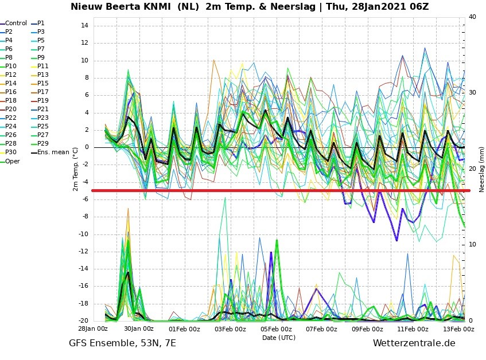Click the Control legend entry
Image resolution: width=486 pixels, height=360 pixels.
coord(14,23)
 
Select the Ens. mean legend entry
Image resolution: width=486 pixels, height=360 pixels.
coord(50,152)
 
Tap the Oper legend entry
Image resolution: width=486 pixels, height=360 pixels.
coord(10,161)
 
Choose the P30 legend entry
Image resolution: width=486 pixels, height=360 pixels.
coord(9,152)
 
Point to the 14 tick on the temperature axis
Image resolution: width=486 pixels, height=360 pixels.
coord(84,25)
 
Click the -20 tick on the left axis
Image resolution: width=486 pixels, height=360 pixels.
coord(83,320)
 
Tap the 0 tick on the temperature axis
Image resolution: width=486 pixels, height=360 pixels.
coord(87,147)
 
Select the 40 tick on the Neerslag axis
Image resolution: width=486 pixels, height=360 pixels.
coord(472,17)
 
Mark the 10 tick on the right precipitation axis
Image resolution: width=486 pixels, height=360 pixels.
coord(472,245)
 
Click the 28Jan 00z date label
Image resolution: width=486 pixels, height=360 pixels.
coord(93,328)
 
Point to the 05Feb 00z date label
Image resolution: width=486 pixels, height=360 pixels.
coord(276,328)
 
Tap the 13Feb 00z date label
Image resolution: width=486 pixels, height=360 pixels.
coord(458,328)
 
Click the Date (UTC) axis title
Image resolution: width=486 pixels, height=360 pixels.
coord(279,338)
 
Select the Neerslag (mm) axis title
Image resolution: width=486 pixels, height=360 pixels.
coord(481,170)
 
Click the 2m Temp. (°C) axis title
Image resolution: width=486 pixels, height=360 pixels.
coord(75,169)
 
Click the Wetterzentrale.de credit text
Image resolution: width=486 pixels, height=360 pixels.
coord(414,343)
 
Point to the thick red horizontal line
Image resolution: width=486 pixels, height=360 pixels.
coord(281,191)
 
